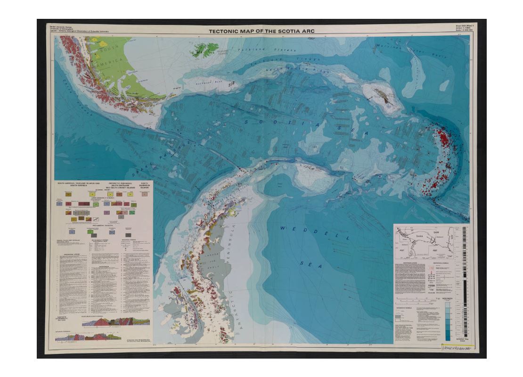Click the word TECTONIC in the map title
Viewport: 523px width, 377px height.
[224, 31]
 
